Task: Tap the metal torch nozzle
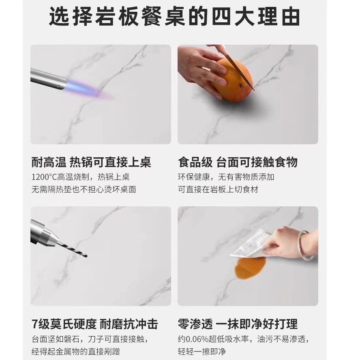48,79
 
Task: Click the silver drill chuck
44,232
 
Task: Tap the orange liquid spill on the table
249,267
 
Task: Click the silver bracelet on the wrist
306,245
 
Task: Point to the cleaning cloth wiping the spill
250,244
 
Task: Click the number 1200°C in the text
44,177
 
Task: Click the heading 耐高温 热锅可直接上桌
91,162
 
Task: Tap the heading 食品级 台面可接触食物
238,162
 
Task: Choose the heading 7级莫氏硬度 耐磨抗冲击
94,324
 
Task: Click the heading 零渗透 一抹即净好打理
238,324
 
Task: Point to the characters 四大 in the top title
232,17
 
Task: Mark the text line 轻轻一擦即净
202,351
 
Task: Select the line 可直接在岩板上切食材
218,189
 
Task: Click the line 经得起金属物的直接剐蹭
75,351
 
